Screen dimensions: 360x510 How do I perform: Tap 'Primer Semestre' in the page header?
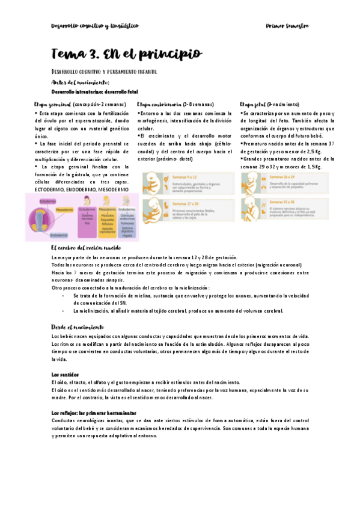[x=287, y=26]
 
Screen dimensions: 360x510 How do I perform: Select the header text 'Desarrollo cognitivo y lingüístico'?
[x=94, y=26]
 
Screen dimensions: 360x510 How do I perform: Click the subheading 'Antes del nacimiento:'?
[x=81, y=82]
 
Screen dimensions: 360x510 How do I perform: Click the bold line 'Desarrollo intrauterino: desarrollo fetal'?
[x=94, y=92]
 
